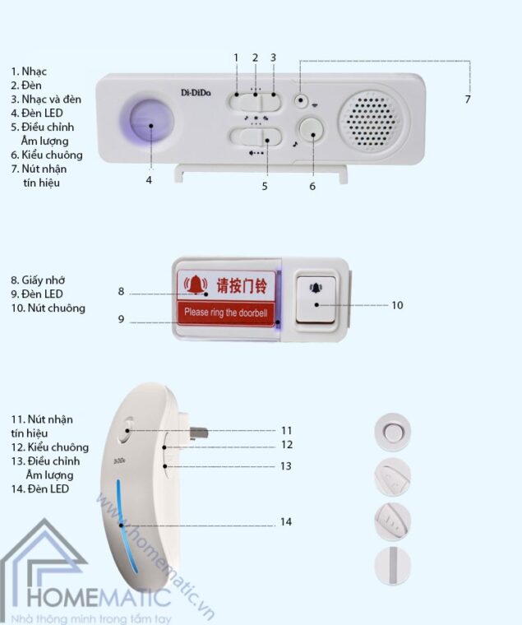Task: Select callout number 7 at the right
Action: tap(467, 99)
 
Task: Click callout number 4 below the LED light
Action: tap(149, 179)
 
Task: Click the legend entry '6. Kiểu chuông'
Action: tap(47, 155)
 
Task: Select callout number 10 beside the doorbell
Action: tap(397, 304)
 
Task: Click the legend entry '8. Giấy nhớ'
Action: tap(41, 280)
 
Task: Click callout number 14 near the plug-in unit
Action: tap(285, 522)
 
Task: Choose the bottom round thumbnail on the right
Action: tap(392, 566)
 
